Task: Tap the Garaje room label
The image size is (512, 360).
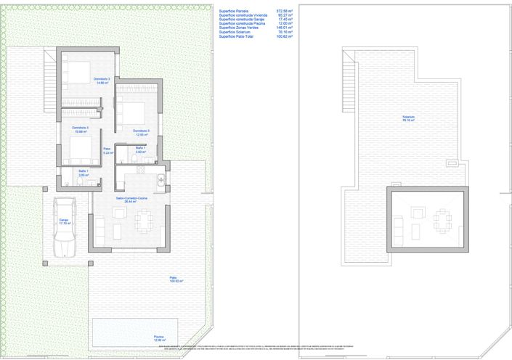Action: (x=65, y=221)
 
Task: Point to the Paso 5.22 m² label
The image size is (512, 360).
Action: (x=106, y=151)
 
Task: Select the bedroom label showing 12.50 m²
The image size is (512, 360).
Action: (x=141, y=133)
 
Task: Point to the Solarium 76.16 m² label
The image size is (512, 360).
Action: (x=409, y=119)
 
